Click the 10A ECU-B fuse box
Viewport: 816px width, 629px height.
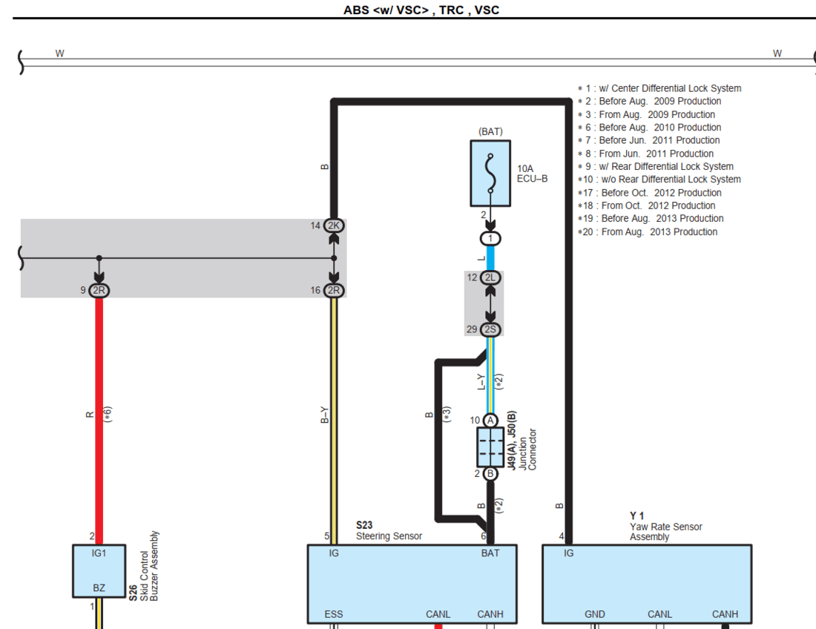tap(490, 174)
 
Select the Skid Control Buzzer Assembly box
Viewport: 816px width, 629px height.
tap(99, 571)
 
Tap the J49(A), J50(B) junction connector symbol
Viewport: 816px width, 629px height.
tap(490, 447)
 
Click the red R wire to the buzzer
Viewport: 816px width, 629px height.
tap(99, 415)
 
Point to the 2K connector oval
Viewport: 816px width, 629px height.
tap(334, 225)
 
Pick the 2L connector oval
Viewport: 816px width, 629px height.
tap(490, 277)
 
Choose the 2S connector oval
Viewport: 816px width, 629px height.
tap(490, 329)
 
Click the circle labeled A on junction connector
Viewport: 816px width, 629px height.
tap(490, 421)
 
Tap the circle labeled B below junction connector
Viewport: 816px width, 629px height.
tap(490, 474)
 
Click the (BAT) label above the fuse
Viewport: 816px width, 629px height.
tap(490, 132)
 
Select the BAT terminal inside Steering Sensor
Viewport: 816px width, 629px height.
tap(490, 553)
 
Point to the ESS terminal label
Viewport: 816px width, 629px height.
tap(334, 614)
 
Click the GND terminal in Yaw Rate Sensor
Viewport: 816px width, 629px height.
tap(594, 614)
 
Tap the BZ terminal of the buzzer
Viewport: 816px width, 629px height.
tap(99, 588)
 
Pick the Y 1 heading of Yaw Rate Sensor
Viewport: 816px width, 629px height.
tap(637, 516)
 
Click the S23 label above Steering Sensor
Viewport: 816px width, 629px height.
tap(364, 525)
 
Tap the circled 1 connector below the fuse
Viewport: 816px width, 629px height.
tap(490, 239)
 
